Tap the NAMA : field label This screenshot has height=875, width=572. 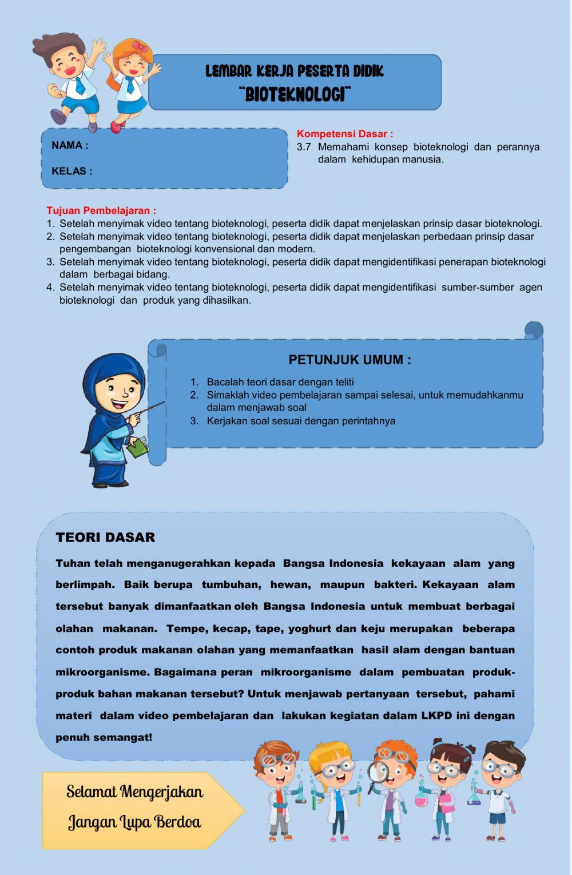coord(70,145)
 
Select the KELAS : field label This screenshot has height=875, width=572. coord(71,171)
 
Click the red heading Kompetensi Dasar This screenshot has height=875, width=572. coord(344,134)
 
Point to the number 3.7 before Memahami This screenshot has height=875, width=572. coord(304,147)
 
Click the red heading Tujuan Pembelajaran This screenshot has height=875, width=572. coord(101,210)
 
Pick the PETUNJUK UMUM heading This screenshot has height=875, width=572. coord(349,360)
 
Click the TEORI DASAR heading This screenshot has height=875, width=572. coord(105,537)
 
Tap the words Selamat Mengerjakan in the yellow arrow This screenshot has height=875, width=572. coord(134,792)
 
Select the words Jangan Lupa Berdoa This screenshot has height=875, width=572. coord(134,822)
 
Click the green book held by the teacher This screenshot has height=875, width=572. coord(138,447)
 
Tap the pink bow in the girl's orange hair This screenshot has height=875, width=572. coord(140,46)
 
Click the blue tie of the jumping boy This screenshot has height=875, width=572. coord(80,85)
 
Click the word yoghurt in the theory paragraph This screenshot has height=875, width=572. coord(309,629)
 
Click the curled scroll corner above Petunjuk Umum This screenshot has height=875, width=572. coord(534,330)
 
